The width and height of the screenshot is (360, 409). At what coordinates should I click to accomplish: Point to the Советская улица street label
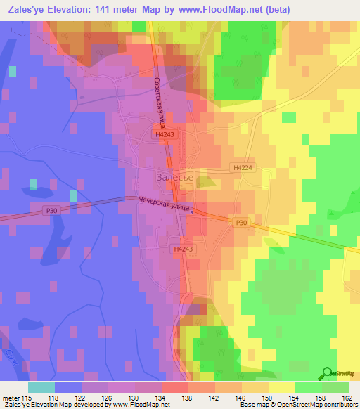coord(160,102)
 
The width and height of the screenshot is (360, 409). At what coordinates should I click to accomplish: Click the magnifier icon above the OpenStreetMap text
coord(328,373)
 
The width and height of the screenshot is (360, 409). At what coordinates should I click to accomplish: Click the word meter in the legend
coord(11,397)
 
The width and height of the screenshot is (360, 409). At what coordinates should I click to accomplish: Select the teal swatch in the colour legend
coord(41,387)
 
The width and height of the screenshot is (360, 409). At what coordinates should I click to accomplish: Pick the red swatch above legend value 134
coord(175,387)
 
